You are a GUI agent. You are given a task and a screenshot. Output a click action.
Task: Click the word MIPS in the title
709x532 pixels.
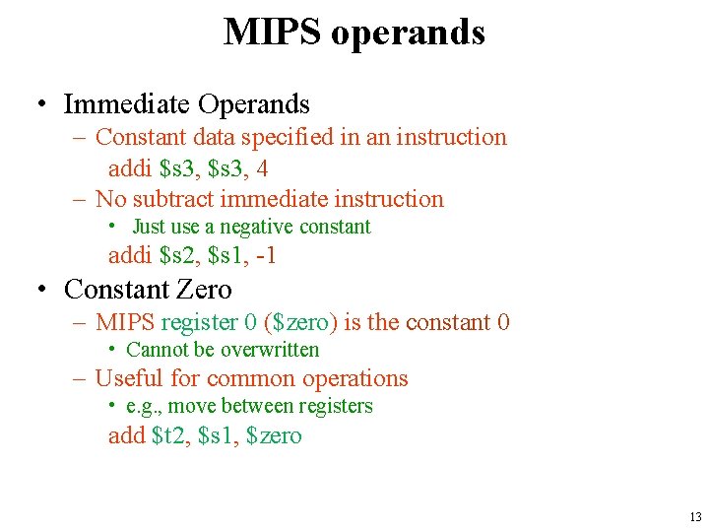272,33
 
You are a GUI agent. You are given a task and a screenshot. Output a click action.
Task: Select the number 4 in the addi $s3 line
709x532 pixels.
263,168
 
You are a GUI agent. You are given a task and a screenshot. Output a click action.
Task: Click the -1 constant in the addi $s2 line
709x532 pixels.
267,256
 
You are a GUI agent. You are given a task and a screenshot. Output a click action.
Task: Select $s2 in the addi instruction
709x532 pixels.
179,256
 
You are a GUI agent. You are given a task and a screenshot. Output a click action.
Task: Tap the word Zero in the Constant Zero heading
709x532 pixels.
206,290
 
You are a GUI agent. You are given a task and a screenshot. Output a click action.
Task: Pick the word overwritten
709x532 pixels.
270,350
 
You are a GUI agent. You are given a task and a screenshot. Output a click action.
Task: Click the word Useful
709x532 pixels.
129,378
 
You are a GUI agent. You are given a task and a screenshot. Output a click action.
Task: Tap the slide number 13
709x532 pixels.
695,517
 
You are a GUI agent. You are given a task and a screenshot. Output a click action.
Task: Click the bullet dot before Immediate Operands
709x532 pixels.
42,105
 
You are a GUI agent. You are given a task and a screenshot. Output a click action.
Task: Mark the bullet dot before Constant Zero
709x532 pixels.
42,291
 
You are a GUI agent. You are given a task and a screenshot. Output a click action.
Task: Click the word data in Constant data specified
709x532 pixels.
209,137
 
